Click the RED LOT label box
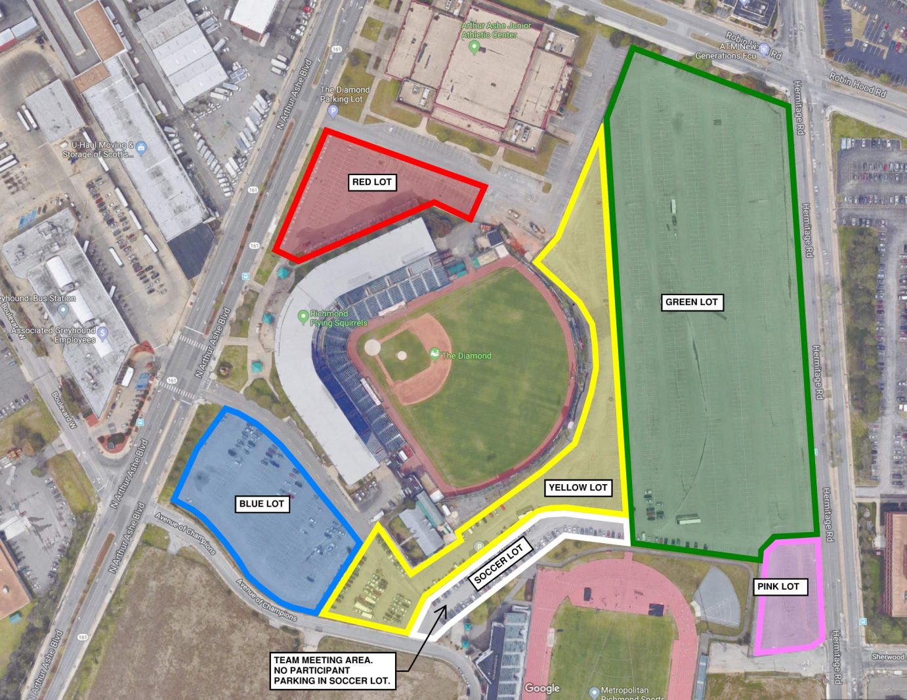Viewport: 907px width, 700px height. click(x=372, y=182)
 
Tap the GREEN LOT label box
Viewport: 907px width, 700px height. click(x=691, y=302)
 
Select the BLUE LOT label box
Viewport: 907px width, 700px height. click(x=261, y=504)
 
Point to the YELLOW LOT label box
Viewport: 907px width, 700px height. click(x=578, y=487)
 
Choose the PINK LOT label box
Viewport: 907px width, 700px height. click(x=778, y=587)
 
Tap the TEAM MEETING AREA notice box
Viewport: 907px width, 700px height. click(x=332, y=670)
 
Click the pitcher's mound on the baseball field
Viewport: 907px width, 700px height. click(x=401, y=355)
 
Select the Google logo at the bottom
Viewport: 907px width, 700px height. click(x=542, y=688)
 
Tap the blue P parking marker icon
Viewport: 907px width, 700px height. click(x=333, y=112)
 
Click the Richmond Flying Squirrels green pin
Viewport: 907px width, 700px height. click(x=303, y=317)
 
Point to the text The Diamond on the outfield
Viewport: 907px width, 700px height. click(x=466, y=356)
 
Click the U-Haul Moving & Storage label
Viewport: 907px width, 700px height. click(x=98, y=150)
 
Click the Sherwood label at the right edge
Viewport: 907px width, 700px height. click(x=888, y=657)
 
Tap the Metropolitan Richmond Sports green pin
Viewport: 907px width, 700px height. click(x=594, y=691)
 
